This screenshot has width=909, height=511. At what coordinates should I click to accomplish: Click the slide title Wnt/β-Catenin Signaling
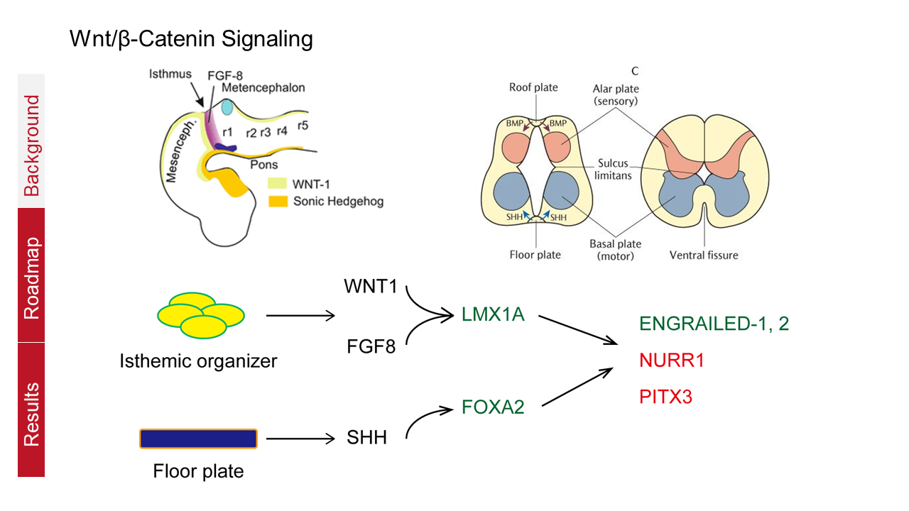(x=191, y=39)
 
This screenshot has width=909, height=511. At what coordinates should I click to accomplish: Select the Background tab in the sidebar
(x=31, y=145)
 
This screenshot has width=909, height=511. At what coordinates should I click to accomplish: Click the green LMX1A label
(x=492, y=314)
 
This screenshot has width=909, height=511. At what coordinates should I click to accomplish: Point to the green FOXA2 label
(x=493, y=407)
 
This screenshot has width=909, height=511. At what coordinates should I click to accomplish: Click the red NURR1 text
(x=671, y=360)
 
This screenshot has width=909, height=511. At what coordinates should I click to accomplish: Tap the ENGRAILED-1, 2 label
(x=714, y=324)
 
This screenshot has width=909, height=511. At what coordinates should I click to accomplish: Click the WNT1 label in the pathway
(x=371, y=288)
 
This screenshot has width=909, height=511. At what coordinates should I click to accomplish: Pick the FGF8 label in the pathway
(x=371, y=348)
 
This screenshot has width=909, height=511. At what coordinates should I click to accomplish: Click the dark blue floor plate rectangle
(x=198, y=439)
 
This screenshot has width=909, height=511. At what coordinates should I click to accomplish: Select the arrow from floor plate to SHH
(x=299, y=439)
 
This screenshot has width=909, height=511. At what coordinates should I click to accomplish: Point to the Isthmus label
(x=170, y=74)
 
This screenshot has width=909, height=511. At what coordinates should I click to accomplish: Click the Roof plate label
(x=533, y=87)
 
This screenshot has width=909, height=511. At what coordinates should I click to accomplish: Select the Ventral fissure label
(x=704, y=254)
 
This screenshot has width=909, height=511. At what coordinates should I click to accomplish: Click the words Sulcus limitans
(x=611, y=170)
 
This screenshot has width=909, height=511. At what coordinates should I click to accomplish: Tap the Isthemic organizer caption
(x=198, y=361)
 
